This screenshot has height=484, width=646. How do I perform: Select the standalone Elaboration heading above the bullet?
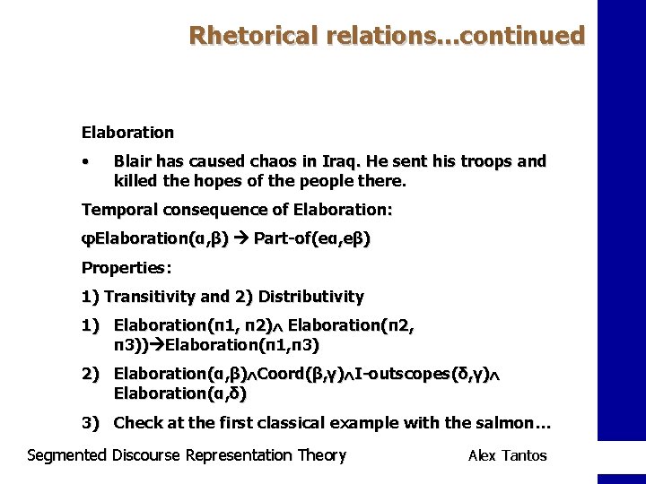[127, 133]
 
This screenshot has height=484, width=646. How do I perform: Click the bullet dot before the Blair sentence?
[84, 162]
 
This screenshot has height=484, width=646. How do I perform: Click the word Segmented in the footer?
[67, 455]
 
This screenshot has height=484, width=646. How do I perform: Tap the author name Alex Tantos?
[507, 455]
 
